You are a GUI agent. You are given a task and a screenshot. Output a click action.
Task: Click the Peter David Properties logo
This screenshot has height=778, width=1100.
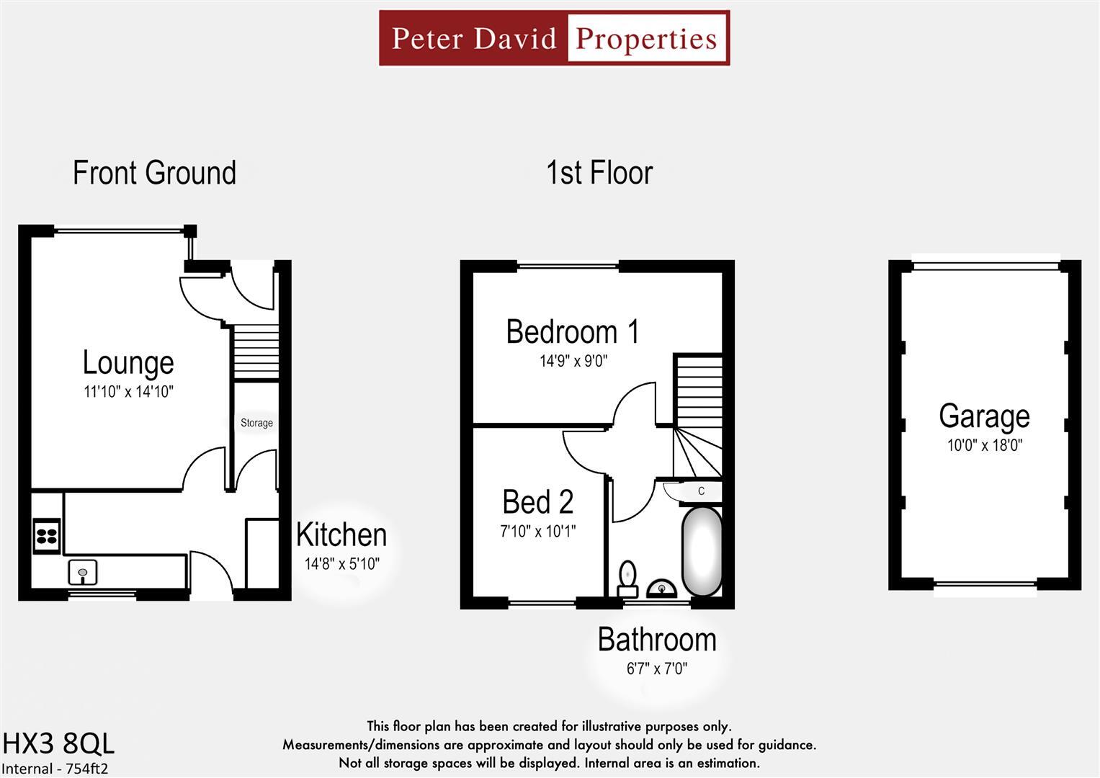(x=554, y=38)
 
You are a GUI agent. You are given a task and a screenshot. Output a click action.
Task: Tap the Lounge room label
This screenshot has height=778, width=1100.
(x=128, y=362)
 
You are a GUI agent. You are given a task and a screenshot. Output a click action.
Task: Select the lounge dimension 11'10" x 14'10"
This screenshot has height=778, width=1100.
(x=128, y=392)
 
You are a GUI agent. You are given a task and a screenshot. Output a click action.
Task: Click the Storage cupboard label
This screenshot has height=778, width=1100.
(x=256, y=423)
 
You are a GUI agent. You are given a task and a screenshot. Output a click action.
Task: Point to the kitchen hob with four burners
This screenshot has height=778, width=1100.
(x=47, y=536)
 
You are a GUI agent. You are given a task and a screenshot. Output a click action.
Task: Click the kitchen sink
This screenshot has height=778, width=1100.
(x=83, y=573)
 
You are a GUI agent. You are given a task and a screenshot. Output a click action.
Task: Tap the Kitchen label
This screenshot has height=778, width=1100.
(x=341, y=535)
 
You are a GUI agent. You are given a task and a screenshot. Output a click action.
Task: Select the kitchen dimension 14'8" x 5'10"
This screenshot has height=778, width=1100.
(x=341, y=564)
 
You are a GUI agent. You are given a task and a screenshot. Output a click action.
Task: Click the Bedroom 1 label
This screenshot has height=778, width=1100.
(x=573, y=332)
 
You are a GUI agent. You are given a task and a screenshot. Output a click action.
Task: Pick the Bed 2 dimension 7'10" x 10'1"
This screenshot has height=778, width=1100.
(x=538, y=532)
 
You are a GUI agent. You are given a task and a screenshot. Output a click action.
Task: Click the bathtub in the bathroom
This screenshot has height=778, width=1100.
(x=702, y=551)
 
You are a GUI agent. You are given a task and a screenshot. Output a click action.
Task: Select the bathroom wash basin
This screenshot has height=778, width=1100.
(x=661, y=589)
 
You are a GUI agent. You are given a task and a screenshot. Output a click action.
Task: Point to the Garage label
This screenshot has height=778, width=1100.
(x=984, y=416)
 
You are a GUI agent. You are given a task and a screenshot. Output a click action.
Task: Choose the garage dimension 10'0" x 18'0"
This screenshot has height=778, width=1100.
(x=984, y=445)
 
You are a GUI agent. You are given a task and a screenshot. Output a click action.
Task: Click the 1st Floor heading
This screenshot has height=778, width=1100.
(x=599, y=173)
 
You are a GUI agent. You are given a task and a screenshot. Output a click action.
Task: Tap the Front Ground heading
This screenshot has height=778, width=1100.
(x=154, y=173)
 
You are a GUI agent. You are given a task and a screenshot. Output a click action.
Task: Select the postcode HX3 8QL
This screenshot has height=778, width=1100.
(x=58, y=743)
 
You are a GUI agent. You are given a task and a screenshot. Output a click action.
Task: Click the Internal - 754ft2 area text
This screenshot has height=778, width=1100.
(x=55, y=769)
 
